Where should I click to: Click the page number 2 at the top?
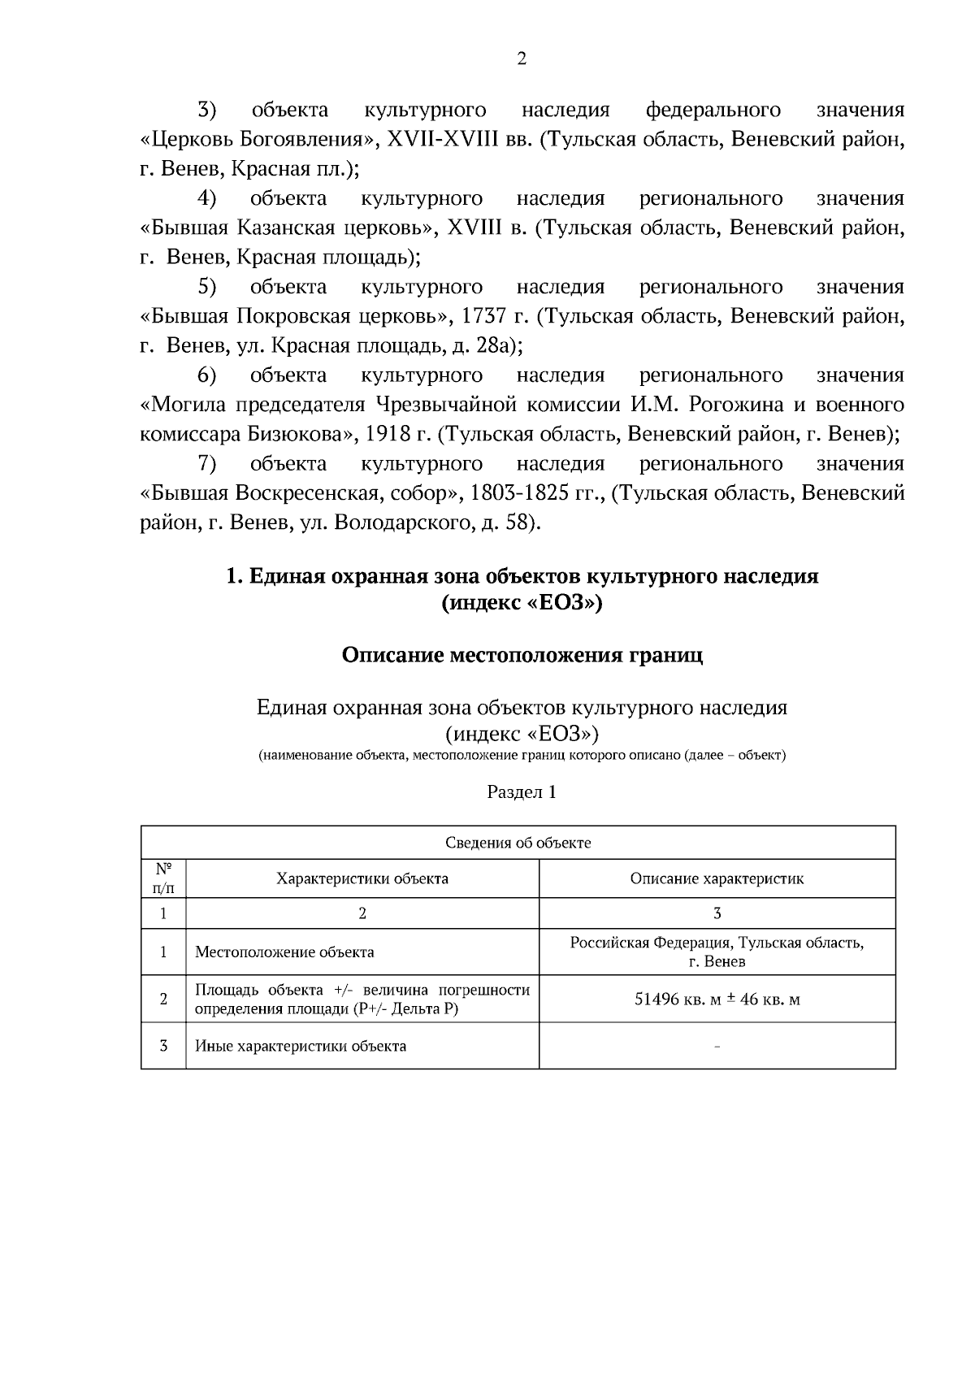click(522, 59)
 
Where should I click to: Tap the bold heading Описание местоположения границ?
click(522, 655)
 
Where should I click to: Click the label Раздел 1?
click(522, 791)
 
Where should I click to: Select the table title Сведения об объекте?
click(518, 843)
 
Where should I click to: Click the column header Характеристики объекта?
click(362, 878)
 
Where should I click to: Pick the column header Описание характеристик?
click(717, 878)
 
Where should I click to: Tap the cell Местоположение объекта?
click(284, 952)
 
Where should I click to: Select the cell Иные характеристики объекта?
click(301, 1046)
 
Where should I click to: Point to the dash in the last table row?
click(717, 1047)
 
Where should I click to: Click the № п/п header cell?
click(163, 878)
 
